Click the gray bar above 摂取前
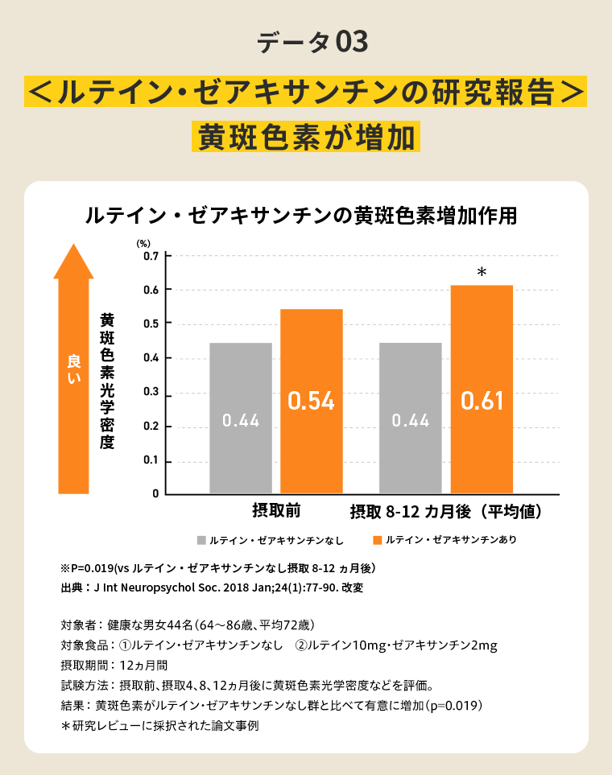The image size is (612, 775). pyautogui.click(x=241, y=418)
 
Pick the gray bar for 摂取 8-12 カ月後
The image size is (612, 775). pyautogui.click(x=411, y=418)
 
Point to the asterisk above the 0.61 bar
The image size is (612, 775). pyautogui.click(x=482, y=274)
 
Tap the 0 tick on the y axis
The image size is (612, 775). pyautogui.click(x=154, y=493)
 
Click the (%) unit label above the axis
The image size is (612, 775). pyautogui.click(x=143, y=241)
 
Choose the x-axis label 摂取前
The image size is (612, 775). pyautogui.click(x=276, y=511)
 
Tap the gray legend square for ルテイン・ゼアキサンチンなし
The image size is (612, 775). pyautogui.click(x=201, y=540)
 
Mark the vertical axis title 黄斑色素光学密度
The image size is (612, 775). pyautogui.click(x=107, y=381)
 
